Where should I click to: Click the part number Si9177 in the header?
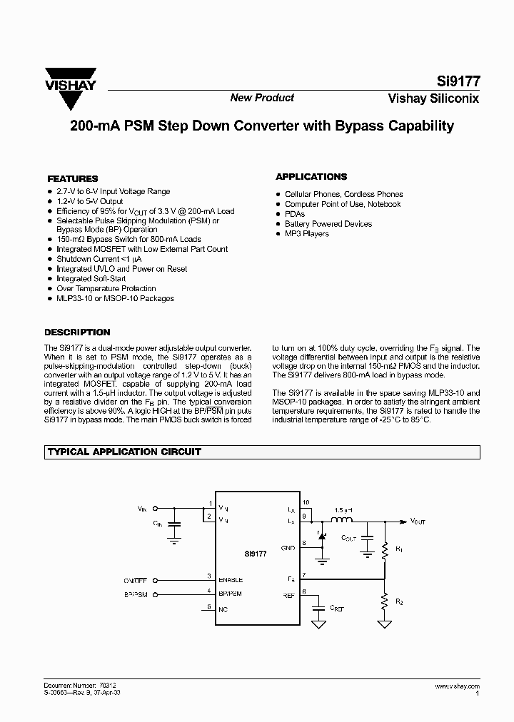click(x=458, y=81)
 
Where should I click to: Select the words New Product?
click(x=262, y=98)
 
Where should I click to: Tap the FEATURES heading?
click(x=72, y=178)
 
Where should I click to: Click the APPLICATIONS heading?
click(x=311, y=177)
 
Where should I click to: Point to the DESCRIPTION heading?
click(x=77, y=332)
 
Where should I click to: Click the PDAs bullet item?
click(x=295, y=214)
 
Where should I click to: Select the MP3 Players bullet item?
click(x=307, y=234)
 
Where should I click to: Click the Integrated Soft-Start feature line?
click(x=91, y=279)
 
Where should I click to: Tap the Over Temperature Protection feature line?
click(x=106, y=289)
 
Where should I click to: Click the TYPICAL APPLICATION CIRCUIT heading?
click(x=124, y=452)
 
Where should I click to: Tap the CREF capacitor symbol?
click(x=319, y=607)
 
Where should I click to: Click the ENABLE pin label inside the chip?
click(x=231, y=580)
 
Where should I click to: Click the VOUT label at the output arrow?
click(x=418, y=522)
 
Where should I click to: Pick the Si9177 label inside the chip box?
click(x=254, y=553)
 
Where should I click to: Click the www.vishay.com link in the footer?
click(x=456, y=686)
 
